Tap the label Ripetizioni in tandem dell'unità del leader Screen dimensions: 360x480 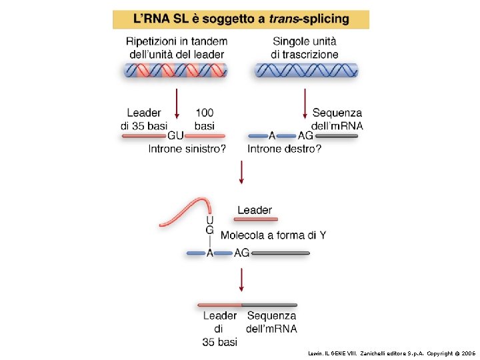[176, 47]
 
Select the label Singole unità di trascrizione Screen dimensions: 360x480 [305, 47]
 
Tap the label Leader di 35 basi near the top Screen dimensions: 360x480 [144, 119]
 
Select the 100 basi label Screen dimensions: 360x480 [205, 119]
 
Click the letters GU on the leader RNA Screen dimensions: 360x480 [176, 135]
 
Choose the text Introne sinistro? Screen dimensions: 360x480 [187, 149]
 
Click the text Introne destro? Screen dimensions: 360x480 [284, 149]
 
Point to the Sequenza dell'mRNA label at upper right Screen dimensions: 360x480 [337, 119]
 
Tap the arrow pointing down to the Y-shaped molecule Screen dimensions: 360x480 [241, 173]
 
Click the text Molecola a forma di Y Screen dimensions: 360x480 [273, 235]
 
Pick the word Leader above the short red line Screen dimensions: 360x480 [255, 210]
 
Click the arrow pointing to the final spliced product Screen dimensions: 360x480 [241, 280]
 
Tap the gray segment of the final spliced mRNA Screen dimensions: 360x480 [273, 305]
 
